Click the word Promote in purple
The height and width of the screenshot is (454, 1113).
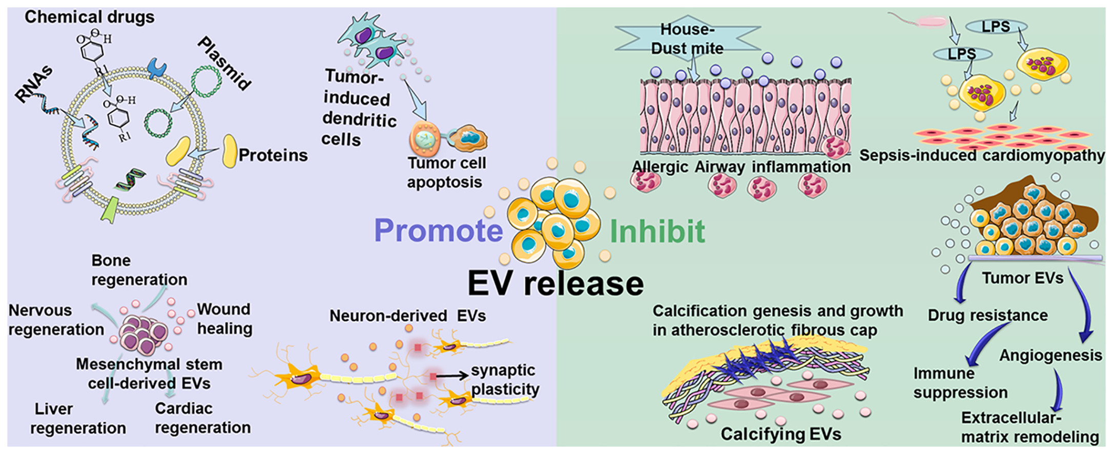[x=438, y=231]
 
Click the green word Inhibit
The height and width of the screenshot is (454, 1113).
[x=657, y=232]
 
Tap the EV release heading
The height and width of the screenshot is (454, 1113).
[x=555, y=283]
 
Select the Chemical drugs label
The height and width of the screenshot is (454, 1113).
[x=89, y=17]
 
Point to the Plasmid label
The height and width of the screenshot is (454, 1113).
[x=224, y=63]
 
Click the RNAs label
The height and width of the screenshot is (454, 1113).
[x=34, y=85]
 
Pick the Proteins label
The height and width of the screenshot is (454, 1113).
[x=273, y=155]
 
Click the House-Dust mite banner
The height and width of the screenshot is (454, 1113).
[x=687, y=38]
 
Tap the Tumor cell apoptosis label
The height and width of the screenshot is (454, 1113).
[x=446, y=172]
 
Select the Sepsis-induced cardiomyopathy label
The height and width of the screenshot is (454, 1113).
[x=982, y=155]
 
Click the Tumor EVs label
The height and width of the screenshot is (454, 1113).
[x=1022, y=278]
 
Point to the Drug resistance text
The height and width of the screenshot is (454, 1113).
[x=987, y=315]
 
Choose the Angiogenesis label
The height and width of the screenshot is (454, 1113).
[x=1050, y=355]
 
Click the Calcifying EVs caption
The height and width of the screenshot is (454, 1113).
[x=781, y=434]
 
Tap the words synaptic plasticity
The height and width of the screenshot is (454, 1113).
[x=504, y=379]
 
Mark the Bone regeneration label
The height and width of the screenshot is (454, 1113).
[x=139, y=270]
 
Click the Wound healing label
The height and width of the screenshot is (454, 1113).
[x=224, y=319]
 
